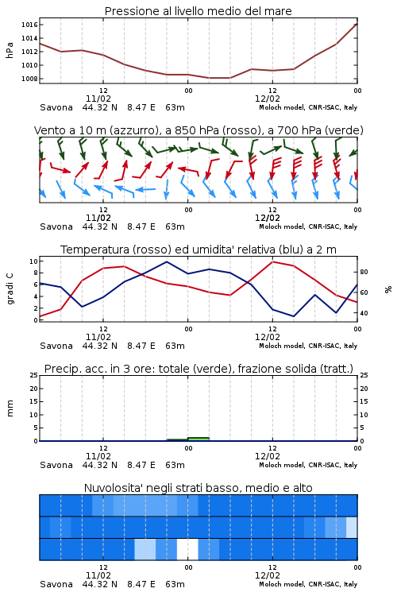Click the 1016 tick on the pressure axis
tap(29, 25)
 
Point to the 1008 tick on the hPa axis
tap(29, 79)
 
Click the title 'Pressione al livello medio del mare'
tap(198, 11)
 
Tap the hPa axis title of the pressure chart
tap(10, 50)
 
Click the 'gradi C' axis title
tap(10, 289)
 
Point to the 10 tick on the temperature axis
tap(33, 261)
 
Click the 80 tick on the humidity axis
tap(364, 272)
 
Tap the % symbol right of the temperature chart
tap(388, 289)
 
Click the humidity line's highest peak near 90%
tap(167, 262)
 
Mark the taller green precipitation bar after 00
tap(198, 439)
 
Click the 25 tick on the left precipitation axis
tap(33, 375)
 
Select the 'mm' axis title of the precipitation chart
tap(10, 408)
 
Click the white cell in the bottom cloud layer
tap(187, 549)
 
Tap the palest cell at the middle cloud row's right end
tap(352, 528)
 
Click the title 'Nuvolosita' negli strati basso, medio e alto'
tap(198, 488)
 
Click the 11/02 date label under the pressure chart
tap(98, 99)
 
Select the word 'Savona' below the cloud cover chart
tap(56, 584)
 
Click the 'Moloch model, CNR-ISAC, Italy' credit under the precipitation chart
tap(308, 465)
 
